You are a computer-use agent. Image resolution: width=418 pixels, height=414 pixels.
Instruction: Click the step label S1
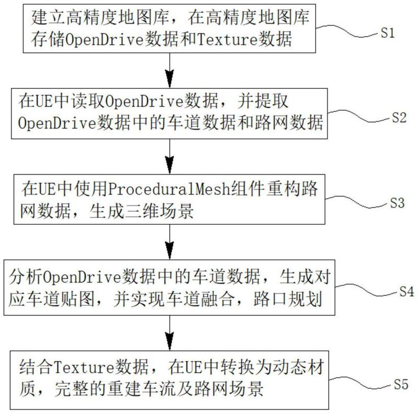(387, 33)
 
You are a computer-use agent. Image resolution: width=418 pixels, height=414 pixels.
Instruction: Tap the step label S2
(399, 118)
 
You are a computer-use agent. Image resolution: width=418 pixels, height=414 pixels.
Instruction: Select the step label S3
(397, 203)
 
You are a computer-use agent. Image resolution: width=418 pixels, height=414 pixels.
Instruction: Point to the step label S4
(407, 291)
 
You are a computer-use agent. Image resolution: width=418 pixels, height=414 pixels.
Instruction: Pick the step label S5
(401, 384)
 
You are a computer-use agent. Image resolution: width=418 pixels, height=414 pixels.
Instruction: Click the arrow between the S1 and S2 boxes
(169, 71)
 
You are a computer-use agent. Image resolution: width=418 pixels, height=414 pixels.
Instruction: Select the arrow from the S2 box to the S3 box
(169, 157)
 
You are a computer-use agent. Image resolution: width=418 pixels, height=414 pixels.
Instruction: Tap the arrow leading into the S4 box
(169, 242)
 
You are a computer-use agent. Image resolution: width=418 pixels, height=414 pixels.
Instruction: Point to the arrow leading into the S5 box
(169, 333)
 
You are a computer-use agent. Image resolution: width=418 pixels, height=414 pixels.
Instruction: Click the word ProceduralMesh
(169, 189)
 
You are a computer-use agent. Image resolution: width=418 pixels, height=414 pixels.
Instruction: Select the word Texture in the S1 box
(227, 39)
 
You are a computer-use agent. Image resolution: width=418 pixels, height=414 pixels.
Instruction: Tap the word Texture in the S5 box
(84, 367)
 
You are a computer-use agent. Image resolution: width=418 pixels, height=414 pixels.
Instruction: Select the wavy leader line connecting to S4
(367, 290)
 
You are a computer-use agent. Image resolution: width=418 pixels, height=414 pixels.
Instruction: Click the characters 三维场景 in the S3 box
(159, 211)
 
